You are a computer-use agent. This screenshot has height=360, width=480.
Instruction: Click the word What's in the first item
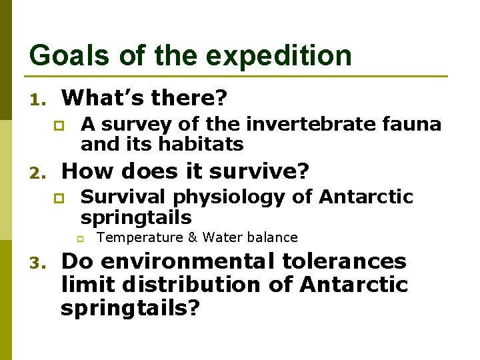[x=103, y=99]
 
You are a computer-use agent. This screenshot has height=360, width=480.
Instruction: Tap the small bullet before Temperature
[x=78, y=238]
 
